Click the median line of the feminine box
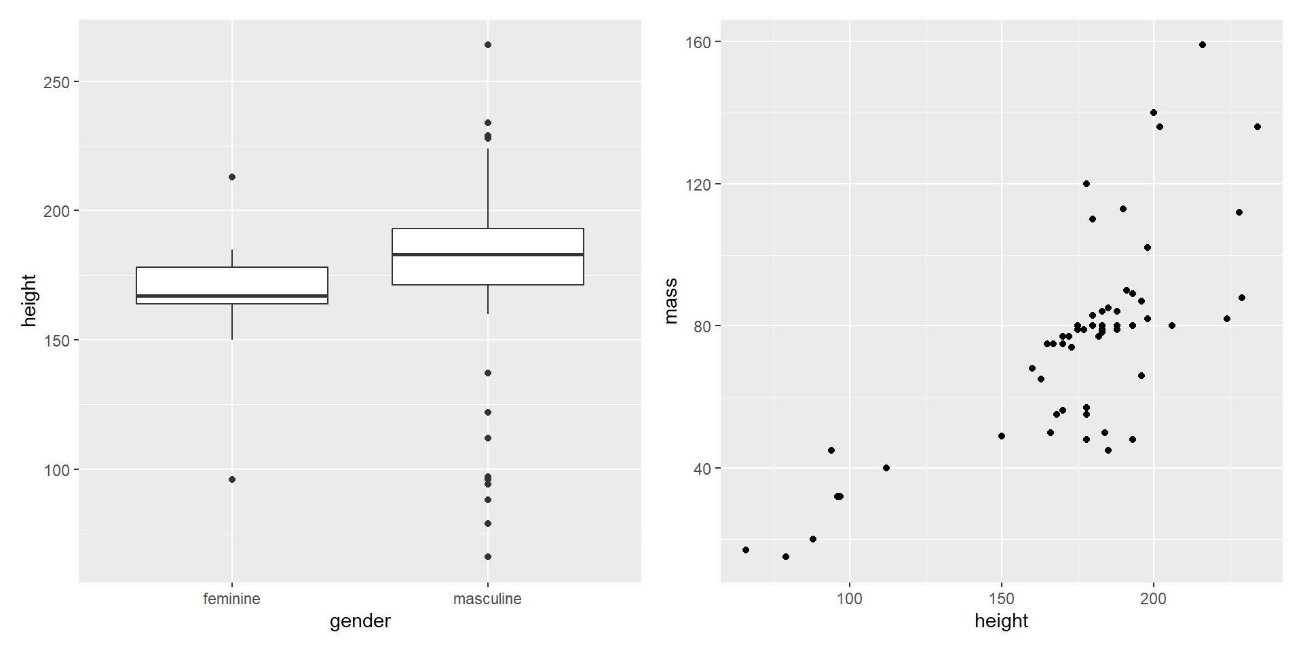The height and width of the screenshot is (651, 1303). [x=232, y=296]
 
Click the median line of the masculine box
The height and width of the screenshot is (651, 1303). [x=487, y=254]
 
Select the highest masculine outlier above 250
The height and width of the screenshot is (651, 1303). [x=488, y=45]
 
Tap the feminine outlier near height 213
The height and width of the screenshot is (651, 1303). [x=232, y=177]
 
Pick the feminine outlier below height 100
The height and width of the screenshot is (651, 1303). [x=232, y=479]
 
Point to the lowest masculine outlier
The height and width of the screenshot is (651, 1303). [x=488, y=557]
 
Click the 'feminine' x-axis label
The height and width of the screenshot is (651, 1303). [x=231, y=599]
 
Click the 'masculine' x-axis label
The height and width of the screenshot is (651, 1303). [x=487, y=599]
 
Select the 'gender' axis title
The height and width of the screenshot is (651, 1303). [x=360, y=621]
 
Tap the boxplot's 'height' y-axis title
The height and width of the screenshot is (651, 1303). [x=29, y=300]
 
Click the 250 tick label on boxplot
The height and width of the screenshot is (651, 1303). [x=56, y=82]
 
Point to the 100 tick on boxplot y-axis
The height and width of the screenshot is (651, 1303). [x=56, y=470]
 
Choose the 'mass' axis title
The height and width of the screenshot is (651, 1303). [x=671, y=300]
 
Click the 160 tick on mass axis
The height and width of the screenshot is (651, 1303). [x=698, y=42]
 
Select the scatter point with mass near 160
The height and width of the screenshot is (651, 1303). [x=1203, y=45]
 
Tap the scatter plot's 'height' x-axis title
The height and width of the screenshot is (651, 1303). [x=1001, y=621]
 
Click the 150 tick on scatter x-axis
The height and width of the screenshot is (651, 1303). [x=1001, y=599]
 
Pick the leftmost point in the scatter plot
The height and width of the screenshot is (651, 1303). [x=746, y=550]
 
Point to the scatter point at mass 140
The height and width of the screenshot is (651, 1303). [x=1154, y=113]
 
